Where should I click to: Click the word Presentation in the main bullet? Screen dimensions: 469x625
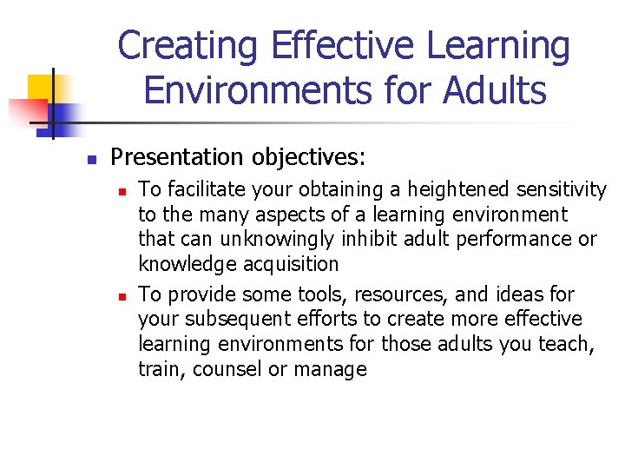178,157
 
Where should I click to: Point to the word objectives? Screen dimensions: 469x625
309,157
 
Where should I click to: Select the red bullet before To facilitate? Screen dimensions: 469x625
124,190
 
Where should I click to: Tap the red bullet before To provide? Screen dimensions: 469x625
124,295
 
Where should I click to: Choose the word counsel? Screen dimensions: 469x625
228,369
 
